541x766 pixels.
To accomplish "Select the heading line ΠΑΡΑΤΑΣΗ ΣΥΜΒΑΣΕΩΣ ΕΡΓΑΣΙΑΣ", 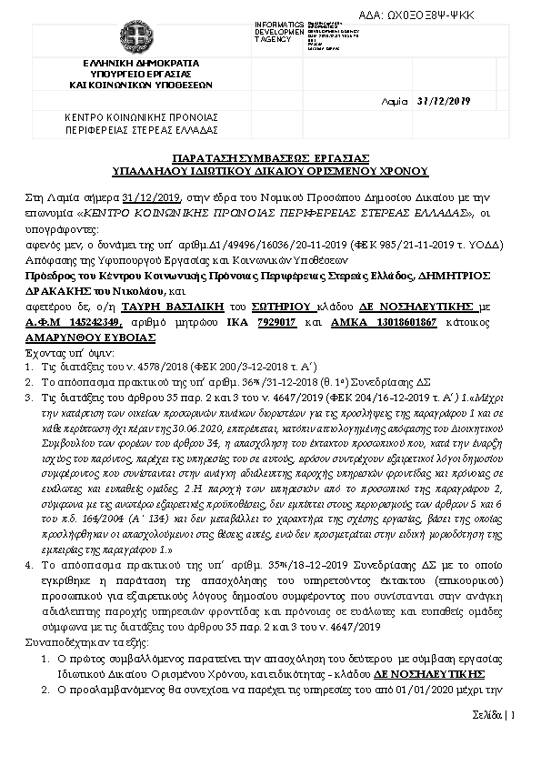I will (x=269, y=159).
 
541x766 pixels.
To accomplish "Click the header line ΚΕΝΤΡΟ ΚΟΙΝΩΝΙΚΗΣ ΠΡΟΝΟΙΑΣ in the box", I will (x=141, y=117).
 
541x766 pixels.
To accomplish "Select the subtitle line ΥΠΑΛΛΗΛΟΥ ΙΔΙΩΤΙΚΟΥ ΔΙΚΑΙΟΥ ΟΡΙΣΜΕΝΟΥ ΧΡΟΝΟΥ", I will (x=270, y=170).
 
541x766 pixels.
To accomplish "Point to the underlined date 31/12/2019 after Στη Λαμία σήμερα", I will (x=151, y=197).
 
